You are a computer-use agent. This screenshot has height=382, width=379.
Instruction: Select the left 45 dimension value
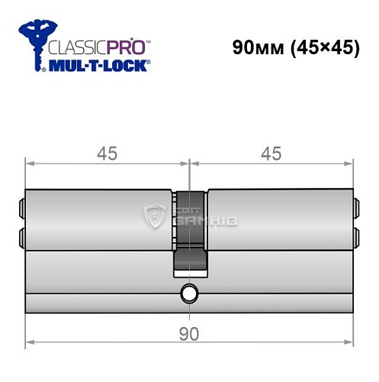click(x=107, y=154)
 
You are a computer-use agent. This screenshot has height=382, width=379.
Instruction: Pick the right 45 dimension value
click(x=271, y=154)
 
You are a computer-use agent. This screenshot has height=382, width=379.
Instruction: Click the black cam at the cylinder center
click(x=189, y=229)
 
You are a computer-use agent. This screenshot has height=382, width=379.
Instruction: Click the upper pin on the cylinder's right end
click(x=356, y=206)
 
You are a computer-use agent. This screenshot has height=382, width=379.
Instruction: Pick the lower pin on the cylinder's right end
click(x=356, y=234)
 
